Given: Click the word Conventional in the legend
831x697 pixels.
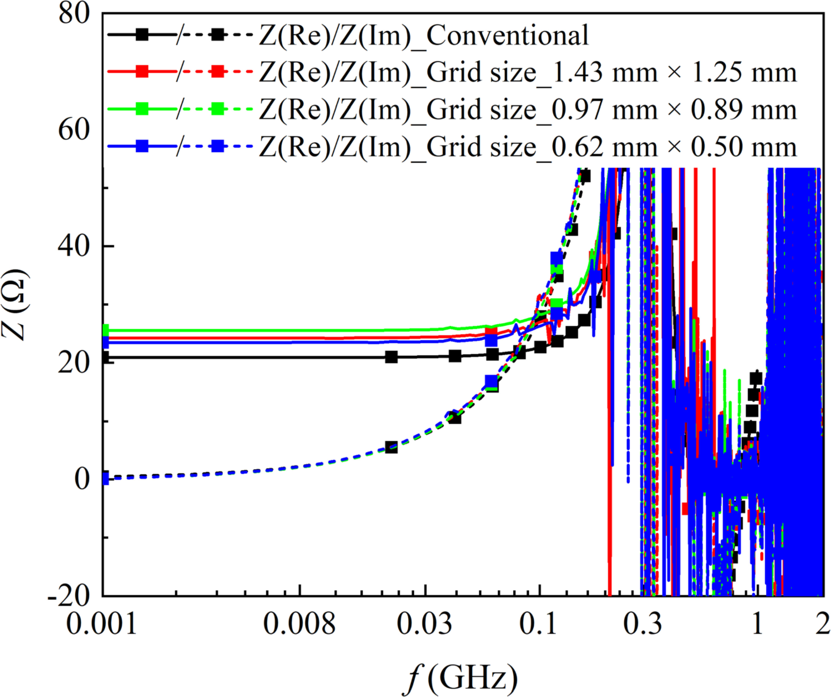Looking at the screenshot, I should (x=508, y=36).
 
